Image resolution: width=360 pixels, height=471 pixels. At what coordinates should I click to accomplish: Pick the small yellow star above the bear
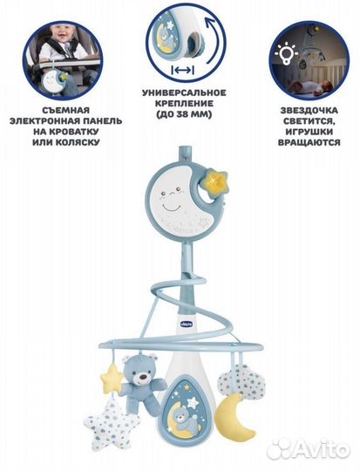tap(112, 377)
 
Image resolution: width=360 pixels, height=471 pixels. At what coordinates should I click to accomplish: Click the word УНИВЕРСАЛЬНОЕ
tap(184, 92)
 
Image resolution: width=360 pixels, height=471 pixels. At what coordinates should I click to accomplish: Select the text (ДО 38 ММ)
tap(184, 114)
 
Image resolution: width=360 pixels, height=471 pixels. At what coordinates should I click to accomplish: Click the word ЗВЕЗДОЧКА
tap(309, 111)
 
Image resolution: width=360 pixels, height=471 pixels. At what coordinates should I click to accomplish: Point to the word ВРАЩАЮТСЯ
tap(309, 142)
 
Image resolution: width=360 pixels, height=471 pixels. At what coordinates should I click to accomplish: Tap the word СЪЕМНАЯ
tap(65, 110)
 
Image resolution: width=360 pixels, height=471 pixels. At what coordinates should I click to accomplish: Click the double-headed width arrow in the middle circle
tap(182, 71)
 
